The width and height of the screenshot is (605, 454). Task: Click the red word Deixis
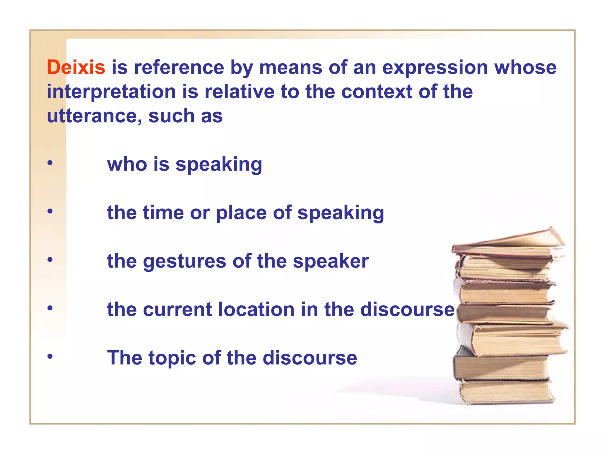tap(76, 67)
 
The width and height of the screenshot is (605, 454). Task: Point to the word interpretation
tap(111, 92)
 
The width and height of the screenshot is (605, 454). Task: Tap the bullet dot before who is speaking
tap(50, 163)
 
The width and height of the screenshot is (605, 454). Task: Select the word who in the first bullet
tap(127, 164)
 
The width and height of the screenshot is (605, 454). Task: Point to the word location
tap(256, 309)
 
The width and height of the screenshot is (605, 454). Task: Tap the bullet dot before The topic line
tap(50, 356)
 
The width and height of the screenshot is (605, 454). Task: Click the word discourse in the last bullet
tap(310, 358)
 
